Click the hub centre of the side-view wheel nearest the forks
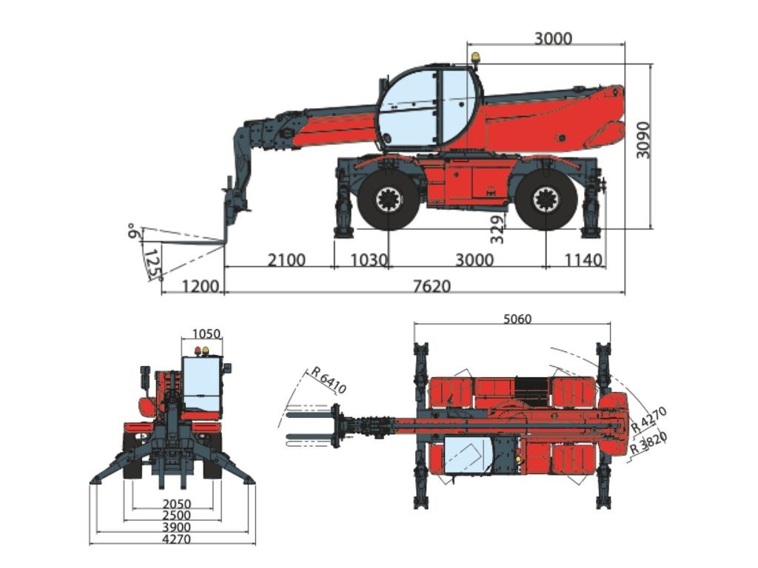pos(389,200)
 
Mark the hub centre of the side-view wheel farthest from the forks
pos(546,200)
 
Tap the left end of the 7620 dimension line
pos(225,292)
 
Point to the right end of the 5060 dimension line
pos(610,325)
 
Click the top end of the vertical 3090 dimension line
pos(651,64)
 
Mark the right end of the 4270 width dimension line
pos(255,544)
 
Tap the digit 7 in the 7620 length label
pos(417,286)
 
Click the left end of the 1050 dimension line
pos(182,340)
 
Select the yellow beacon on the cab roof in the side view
pos(476,58)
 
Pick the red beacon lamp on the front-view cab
pos(198,351)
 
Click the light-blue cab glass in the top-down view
pos(467,455)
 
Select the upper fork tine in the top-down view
pos(310,414)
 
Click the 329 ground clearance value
pos(497,229)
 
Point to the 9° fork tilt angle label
pos(132,231)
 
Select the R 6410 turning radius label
pos(329,380)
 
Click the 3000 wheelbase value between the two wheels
pos(474,260)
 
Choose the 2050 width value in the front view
pos(176,504)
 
